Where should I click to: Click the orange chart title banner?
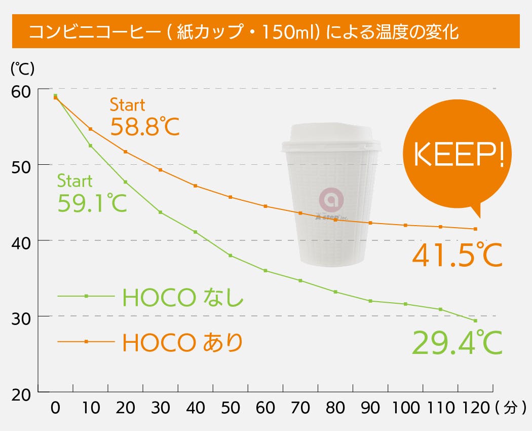click(266, 31)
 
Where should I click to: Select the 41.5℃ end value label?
click(457, 255)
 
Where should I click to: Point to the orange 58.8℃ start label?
click(145, 127)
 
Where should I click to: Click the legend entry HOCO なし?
click(182, 298)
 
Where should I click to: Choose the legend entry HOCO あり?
click(182, 343)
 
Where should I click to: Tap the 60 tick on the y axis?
click(21, 91)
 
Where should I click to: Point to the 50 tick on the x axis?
click(231, 408)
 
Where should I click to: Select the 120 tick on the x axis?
click(475, 408)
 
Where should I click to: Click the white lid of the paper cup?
click(331, 138)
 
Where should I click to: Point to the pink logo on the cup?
click(331, 200)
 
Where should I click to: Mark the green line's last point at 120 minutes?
click(475, 320)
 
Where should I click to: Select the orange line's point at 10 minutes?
click(91, 129)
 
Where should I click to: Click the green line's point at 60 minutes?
click(265, 270)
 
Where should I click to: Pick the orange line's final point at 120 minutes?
click(475, 229)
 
